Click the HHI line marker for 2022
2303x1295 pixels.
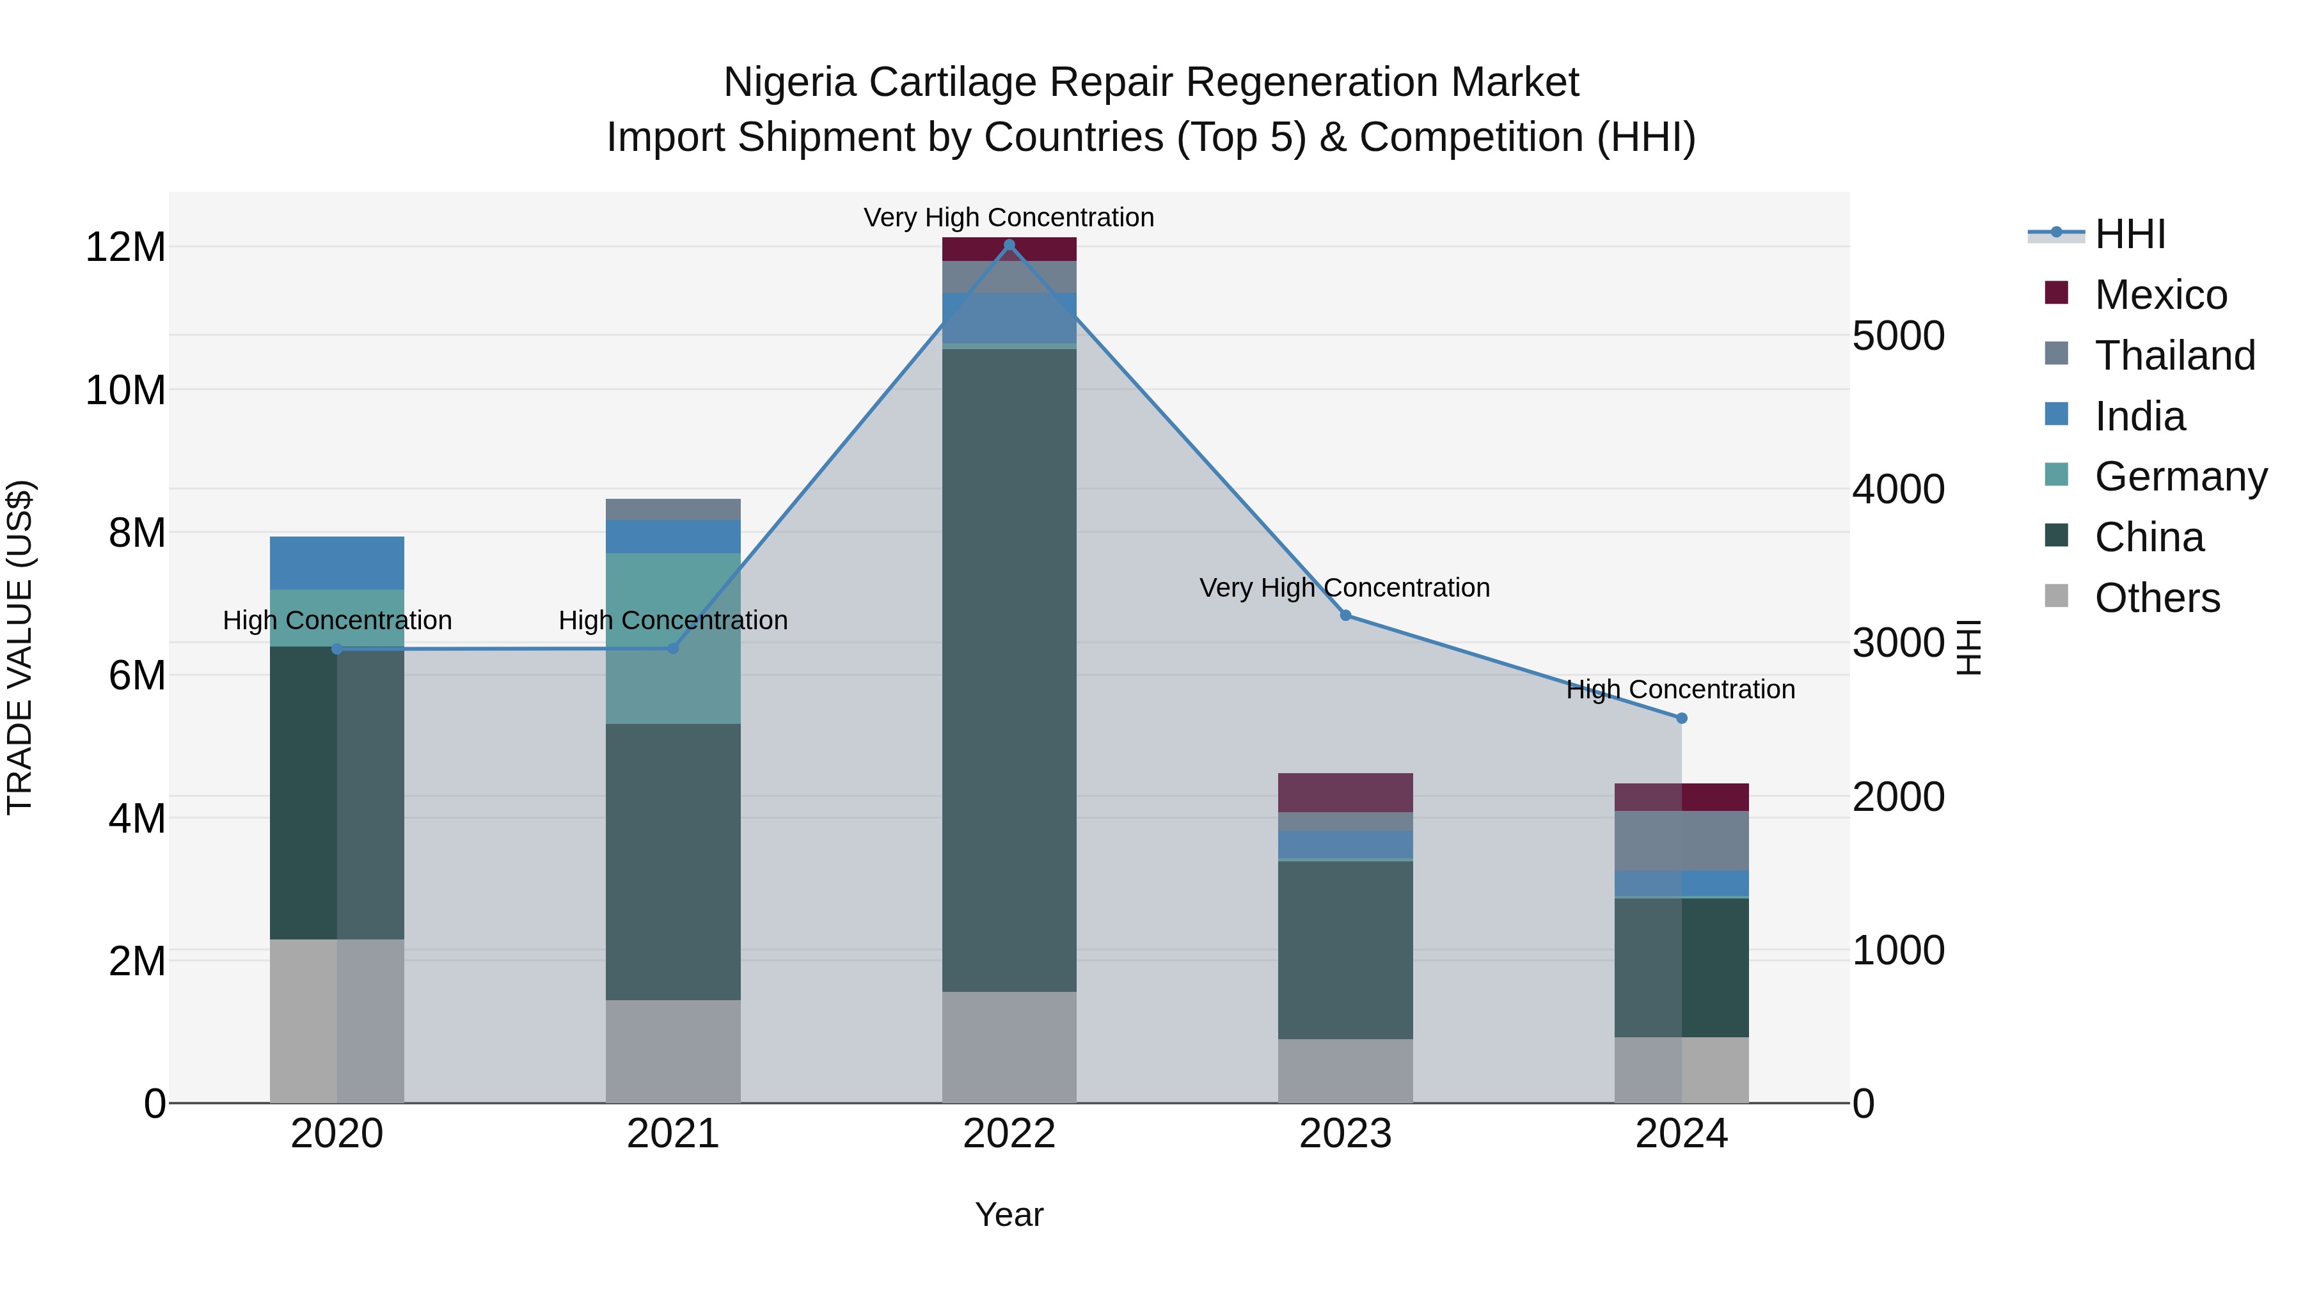pyautogui.click(x=1009, y=245)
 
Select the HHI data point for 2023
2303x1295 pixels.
pyautogui.click(x=1345, y=615)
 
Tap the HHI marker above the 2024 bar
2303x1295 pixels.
pyautogui.click(x=1682, y=718)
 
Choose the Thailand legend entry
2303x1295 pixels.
pyautogui.click(x=2174, y=356)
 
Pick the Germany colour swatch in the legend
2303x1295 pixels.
pyautogui.click(x=2056, y=475)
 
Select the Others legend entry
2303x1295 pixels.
pyautogui.click(x=2157, y=598)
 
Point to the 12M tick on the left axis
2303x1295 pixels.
pyautogui.click(x=125, y=247)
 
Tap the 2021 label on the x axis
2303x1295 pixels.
pyautogui.click(x=673, y=1134)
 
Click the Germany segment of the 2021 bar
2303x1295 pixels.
pyautogui.click(x=673, y=638)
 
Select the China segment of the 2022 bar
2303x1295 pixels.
pyautogui.click(x=1009, y=670)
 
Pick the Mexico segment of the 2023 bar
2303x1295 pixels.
pyautogui.click(x=1345, y=792)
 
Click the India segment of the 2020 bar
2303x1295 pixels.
pyautogui.click(x=337, y=562)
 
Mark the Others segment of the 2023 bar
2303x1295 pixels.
pyautogui.click(x=1345, y=1071)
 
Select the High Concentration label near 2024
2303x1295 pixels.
pyautogui.click(x=1680, y=689)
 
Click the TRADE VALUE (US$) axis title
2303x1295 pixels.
pyautogui.click(x=20, y=647)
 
